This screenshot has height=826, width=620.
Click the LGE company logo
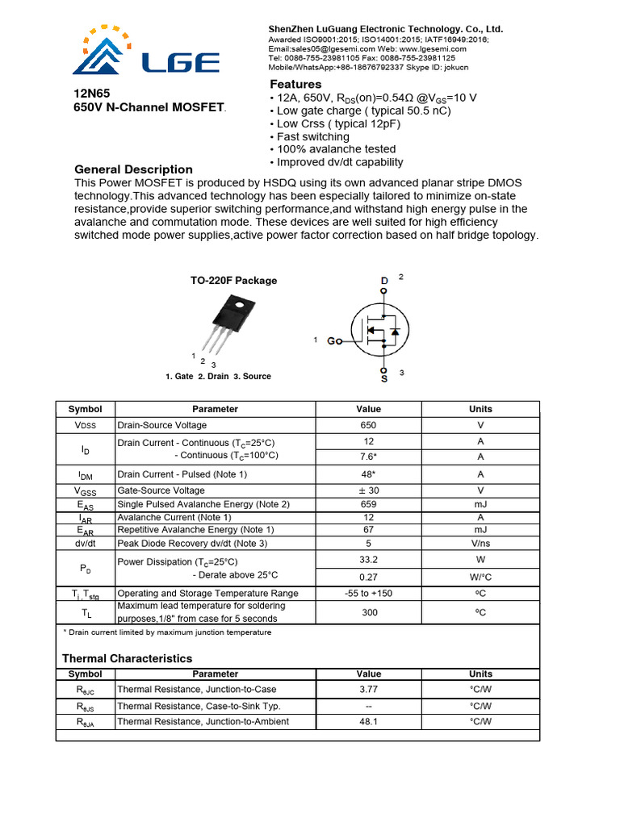(x=146, y=53)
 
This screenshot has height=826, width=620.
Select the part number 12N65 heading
(x=91, y=94)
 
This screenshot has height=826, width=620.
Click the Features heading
(x=295, y=85)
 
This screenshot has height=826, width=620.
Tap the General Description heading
(x=133, y=169)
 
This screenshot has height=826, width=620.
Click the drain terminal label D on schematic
(x=383, y=282)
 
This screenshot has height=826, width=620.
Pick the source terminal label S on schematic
(x=383, y=377)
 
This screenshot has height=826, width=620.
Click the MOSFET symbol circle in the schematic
(x=382, y=329)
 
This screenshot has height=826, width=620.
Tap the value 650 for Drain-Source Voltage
(x=368, y=425)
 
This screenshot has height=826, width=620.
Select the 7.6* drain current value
(x=368, y=457)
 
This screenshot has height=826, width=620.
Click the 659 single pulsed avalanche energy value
(x=368, y=504)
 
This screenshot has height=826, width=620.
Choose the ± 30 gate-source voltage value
(x=368, y=490)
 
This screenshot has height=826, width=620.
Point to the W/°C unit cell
(x=480, y=577)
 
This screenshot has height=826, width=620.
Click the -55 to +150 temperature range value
(x=368, y=593)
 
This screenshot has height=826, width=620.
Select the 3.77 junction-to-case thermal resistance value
(x=368, y=689)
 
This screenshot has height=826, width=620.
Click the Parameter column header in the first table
(x=216, y=409)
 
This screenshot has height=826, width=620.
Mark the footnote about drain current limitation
(x=167, y=632)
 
